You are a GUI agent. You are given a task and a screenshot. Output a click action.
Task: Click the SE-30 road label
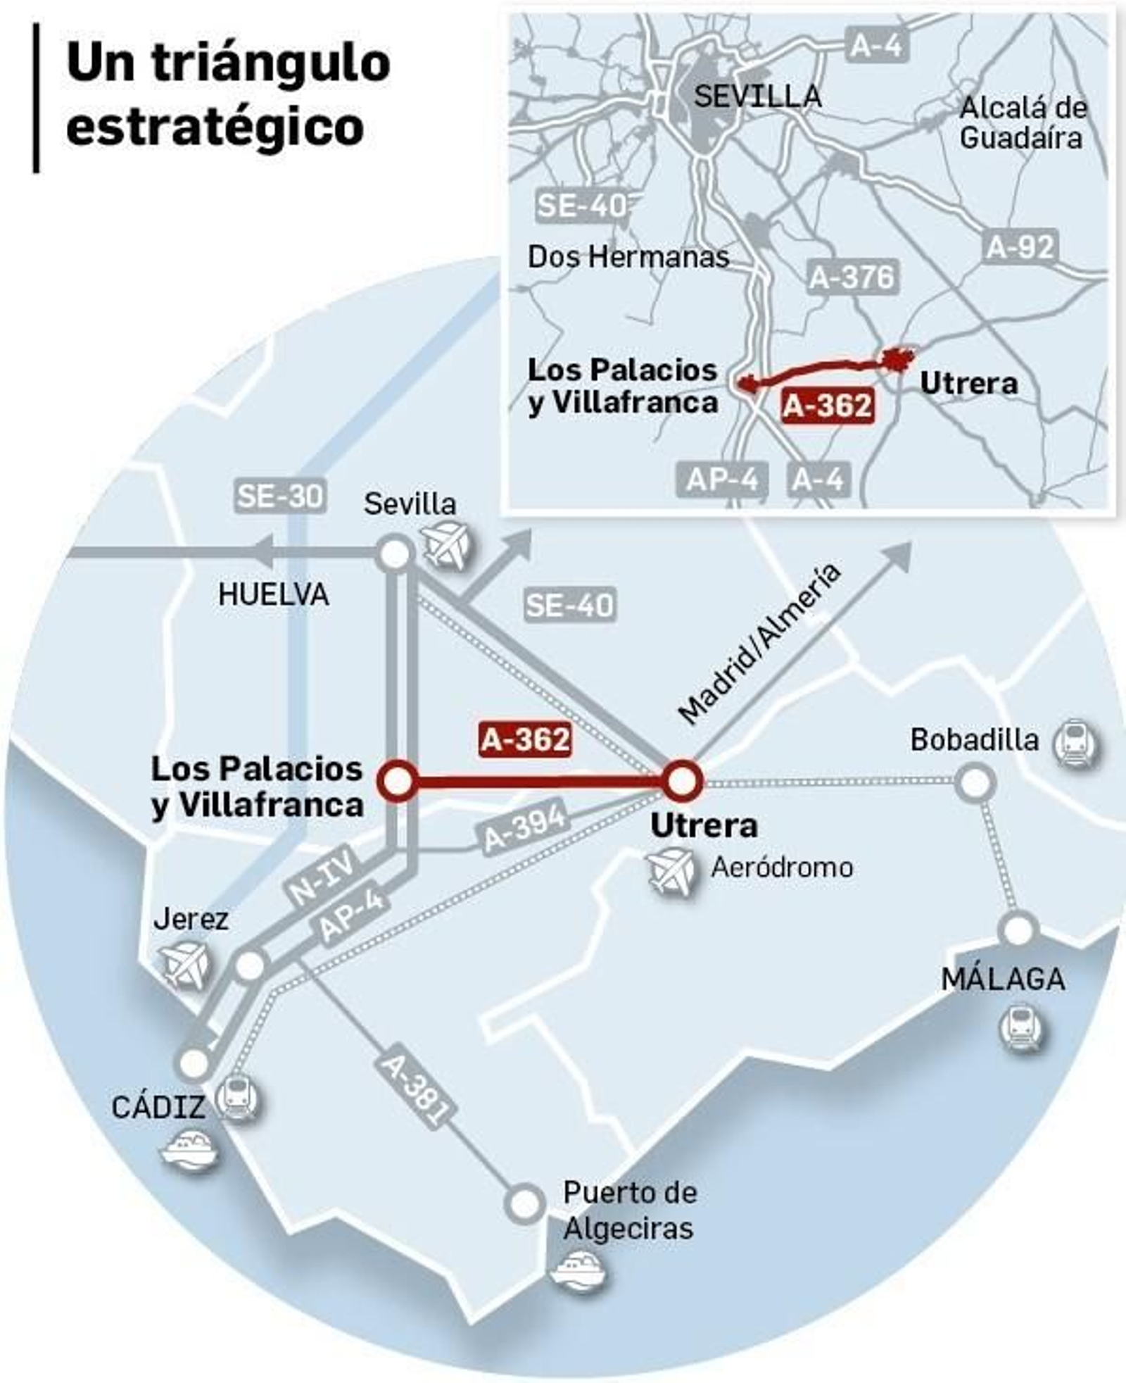[279, 496]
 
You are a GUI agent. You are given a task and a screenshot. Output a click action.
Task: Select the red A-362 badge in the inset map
[828, 405]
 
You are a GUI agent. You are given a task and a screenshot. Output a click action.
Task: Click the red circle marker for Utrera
[681, 781]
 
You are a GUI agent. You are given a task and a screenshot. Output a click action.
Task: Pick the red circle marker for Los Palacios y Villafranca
[397, 780]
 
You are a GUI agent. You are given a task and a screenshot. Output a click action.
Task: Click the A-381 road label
[414, 1089]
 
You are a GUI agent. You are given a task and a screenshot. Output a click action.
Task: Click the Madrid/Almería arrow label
[759, 644]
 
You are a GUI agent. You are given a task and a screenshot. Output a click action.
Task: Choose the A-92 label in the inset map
[1020, 247]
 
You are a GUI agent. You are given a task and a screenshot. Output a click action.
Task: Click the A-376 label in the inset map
[852, 277]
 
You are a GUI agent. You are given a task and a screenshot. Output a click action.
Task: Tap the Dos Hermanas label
[628, 257]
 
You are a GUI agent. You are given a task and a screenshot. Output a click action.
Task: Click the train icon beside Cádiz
[237, 1097]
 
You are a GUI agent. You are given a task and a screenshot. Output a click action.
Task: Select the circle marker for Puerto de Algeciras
[525, 1203]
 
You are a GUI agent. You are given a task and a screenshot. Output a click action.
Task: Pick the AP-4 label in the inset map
[721, 480]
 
